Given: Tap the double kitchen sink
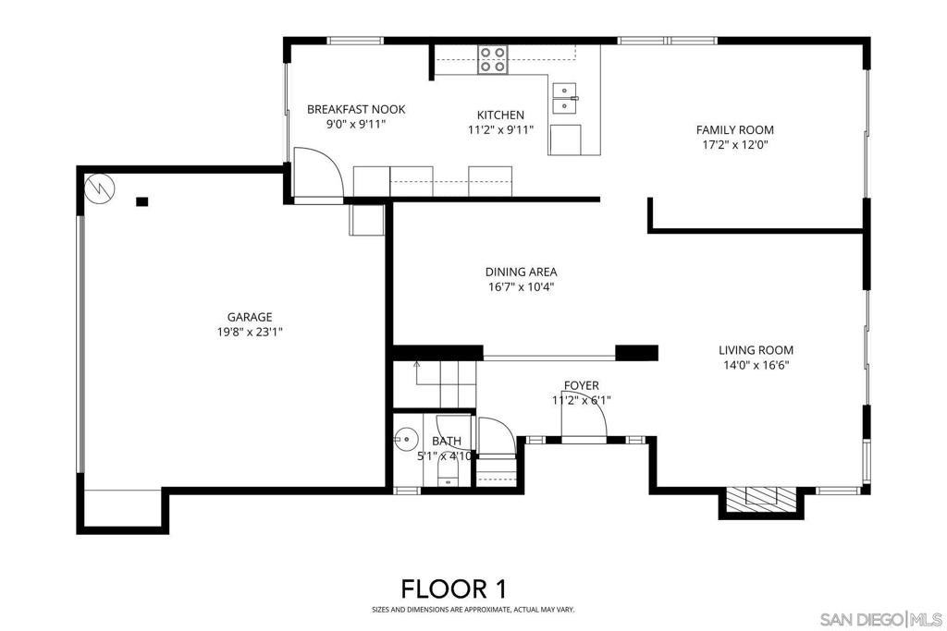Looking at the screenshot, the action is pos(564,98).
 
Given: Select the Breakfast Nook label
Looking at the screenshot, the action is pos(356,109).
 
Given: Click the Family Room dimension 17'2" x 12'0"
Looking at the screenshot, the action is pos(735,145).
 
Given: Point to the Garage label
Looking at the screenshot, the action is pos(250,317).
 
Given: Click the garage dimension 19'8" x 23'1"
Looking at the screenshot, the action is pos(250,332).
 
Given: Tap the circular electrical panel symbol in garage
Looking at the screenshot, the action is pos(100,188).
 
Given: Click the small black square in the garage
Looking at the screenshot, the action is pos(141,202).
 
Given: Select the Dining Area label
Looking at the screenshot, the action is pos(522,272).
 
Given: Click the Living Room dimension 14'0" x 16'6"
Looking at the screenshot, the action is pos(756,365).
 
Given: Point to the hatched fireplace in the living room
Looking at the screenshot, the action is pos(760,498).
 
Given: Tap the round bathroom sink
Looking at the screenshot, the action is pos(407,439).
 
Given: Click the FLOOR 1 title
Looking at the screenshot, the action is pos(454,589).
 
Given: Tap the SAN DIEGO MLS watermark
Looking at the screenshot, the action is pos(881,619).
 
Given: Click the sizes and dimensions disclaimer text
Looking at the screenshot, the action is pos(473,610).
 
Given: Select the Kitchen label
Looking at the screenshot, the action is pos(500,115).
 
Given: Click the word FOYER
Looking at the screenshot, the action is pos(582,385).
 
